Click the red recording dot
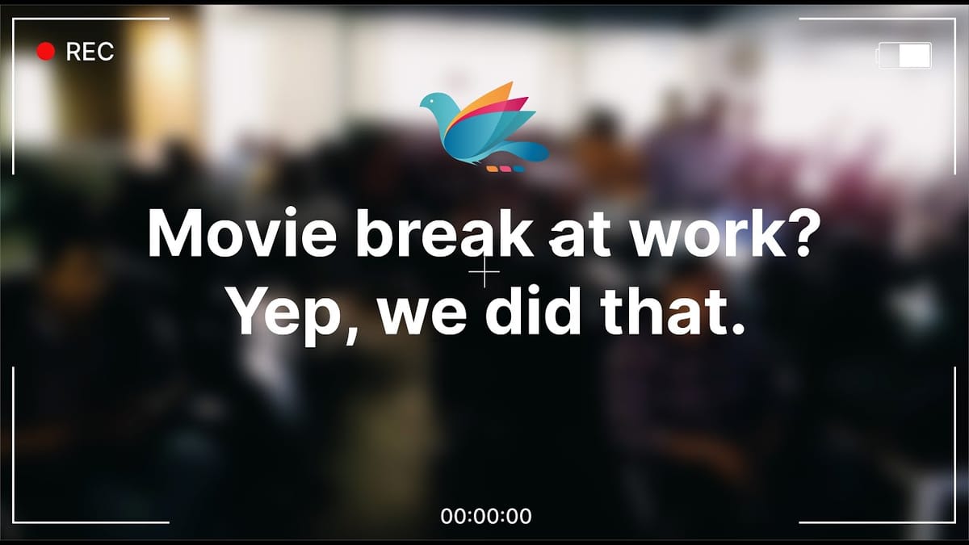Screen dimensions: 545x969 (x=45, y=52)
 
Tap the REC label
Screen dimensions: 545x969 (x=90, y=52)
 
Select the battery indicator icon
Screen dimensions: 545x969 (x=904, y=55)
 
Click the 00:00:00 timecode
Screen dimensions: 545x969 (x=485, y=516)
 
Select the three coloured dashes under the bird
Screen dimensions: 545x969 (x=505, y=169)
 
